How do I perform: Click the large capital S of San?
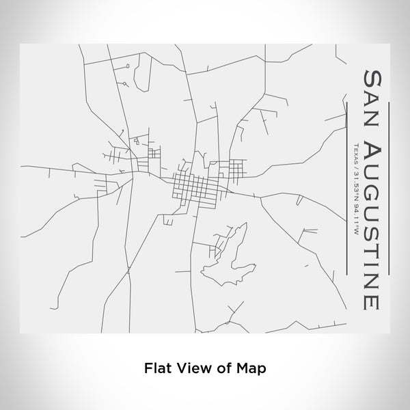pyautogui.click(x=373, y=75)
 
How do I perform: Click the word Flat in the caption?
pyautogui.click(x=156, y=366)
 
